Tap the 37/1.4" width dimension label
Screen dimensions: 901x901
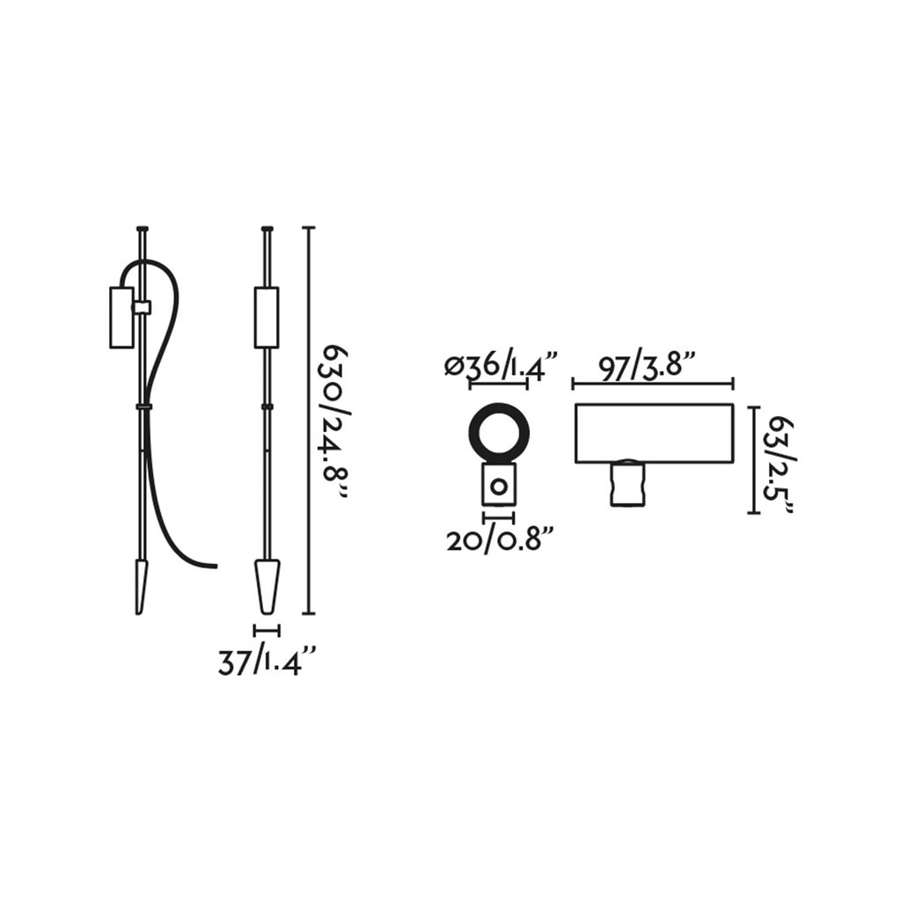pyautogui.click(x=267, y=661)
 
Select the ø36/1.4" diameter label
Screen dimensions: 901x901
pyautogui.click(x=501, y=366)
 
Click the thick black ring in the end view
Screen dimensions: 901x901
pyautogui.click(x=500, y=431)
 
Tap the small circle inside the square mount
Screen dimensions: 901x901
pyautogui.click(x=499, y=487)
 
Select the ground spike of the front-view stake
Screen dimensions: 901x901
pyautogui.click(x=267, y=585)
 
